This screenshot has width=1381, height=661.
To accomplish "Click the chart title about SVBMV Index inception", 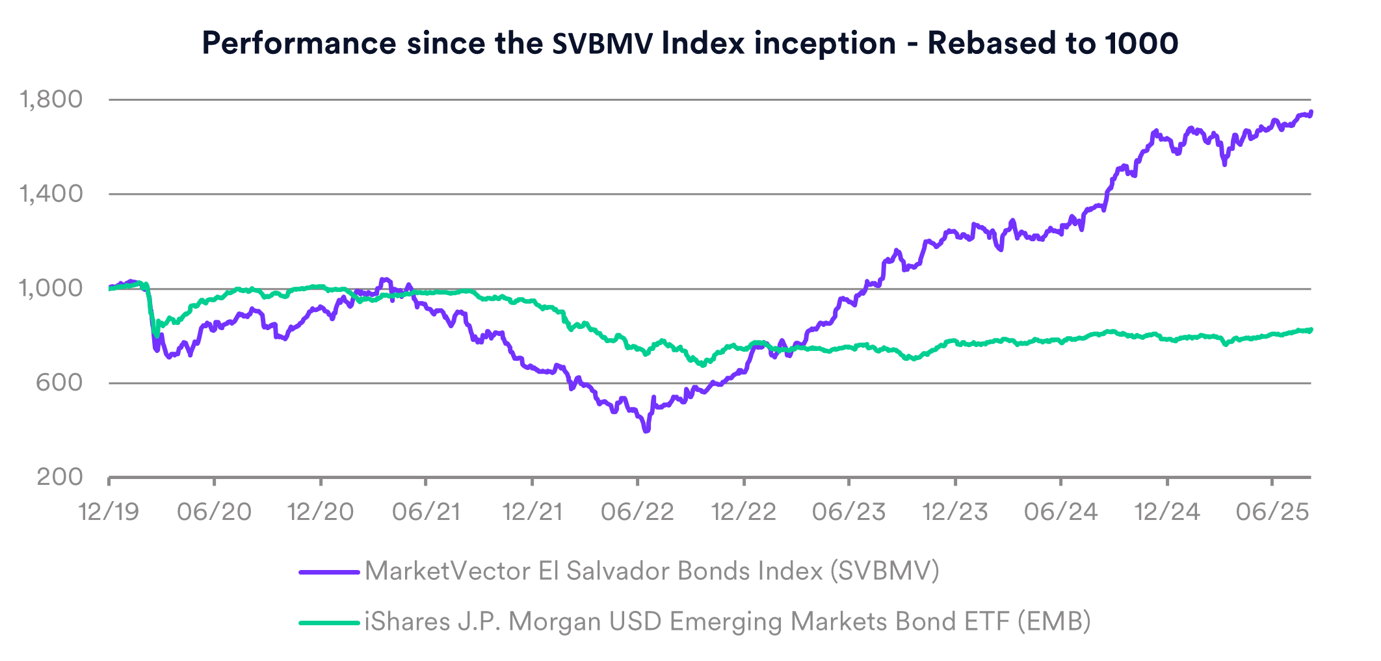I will tap(690, 44).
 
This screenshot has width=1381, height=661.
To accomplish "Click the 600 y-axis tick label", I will tap(60, 382).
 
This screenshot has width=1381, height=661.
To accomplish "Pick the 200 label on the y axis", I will tap(60, 477).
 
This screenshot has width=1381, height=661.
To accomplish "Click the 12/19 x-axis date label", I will tap(109, 512).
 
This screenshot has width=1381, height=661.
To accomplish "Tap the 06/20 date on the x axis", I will tap(215, 512).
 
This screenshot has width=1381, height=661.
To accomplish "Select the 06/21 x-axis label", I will tap(426, 512).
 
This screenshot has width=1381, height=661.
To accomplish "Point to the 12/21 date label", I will tap(533, 512).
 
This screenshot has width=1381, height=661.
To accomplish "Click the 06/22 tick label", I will tap(638, 512).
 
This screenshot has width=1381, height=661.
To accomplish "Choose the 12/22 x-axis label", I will tap(744, 512).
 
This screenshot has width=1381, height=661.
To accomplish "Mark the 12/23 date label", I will tap(955, 512).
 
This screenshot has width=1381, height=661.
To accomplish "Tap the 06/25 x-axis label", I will tap(1272, 512).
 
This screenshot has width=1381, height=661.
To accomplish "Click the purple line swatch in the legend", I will tap(329, 572).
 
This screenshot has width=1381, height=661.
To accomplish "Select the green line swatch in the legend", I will tap(329, 623).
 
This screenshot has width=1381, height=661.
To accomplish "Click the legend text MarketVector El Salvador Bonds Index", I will tap(651, 571).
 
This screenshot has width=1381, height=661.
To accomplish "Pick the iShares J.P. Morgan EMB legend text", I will tap(728, 622).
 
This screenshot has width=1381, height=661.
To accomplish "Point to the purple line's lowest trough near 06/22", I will tap(646, 430).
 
